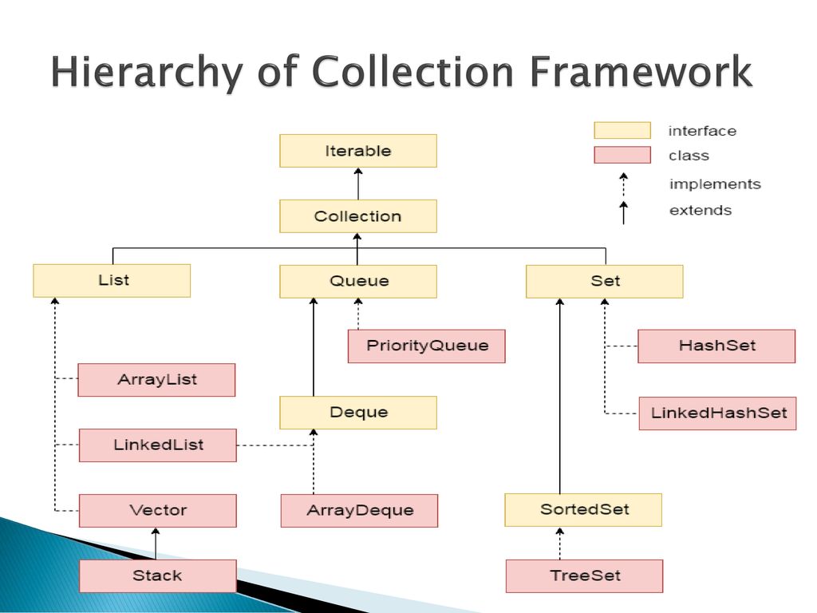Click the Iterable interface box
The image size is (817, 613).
point(358,151)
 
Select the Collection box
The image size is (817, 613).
point(358,216)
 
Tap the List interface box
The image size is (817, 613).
point(112,280)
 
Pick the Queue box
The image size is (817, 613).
point(358,282)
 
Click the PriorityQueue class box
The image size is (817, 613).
point(427,346)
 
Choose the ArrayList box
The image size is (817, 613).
point(157,379)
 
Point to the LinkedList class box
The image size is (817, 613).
point(158,445)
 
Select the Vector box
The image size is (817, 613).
point(158,510)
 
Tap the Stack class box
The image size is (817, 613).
point(158,576)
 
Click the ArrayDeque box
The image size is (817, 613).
point(360,510)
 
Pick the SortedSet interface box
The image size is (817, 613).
point(583,510)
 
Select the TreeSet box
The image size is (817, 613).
point(585,576)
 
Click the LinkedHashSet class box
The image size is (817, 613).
point(717,413)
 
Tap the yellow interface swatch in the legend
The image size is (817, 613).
point(622,130)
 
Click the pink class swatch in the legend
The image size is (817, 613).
point(622,155)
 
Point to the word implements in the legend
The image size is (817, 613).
point(715,184)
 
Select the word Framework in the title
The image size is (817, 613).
point(641,71)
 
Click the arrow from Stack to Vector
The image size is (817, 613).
point(156,544)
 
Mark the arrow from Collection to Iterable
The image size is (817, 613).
point(358,184)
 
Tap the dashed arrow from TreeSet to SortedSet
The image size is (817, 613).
point(559,543)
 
